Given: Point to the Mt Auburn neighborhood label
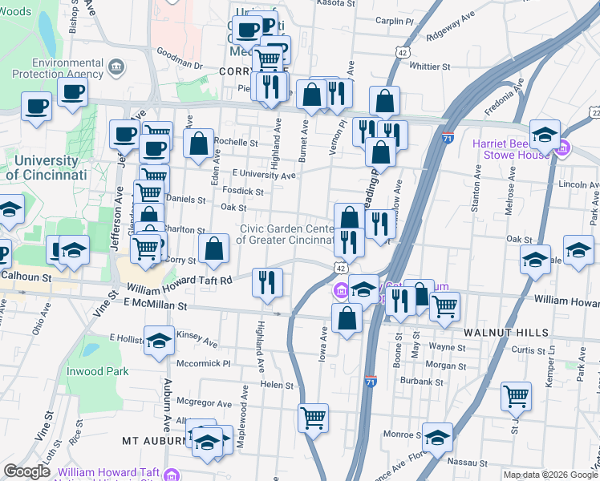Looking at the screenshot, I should pos(153,441).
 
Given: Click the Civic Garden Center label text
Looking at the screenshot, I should pos(286,234).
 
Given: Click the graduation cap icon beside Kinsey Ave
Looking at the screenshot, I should pos(159,340).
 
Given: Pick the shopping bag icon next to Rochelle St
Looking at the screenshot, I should pos(198,143).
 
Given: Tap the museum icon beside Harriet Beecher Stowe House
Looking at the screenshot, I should pos(562,148).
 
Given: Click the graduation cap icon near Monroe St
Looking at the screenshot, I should pos(437,437).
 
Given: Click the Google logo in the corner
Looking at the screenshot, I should pos(27,471).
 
